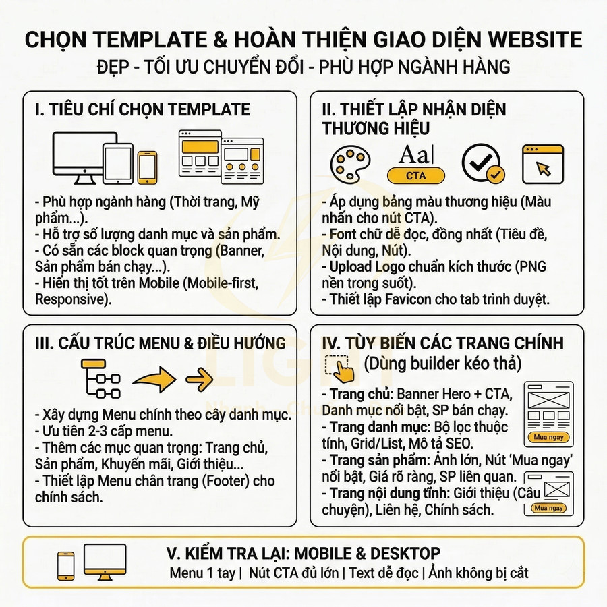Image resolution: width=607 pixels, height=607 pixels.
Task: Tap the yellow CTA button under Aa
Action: [x=416, y=176]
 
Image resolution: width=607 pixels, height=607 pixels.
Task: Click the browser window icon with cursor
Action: [x=542, y=163]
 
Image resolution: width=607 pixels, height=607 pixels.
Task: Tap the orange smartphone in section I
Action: [x=147, y=167]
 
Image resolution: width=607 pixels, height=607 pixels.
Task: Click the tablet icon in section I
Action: [x=118, y=163]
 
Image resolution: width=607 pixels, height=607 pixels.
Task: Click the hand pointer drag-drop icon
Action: [x=339, y=367]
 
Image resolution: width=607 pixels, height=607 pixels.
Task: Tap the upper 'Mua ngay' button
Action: [x=550, y=437]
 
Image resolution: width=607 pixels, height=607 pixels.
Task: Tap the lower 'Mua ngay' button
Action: [x=549, y=507]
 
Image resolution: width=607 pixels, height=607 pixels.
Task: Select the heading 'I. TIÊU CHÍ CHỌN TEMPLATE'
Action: [x=142, y=109]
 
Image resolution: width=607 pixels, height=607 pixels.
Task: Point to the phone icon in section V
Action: [x=66, y=564]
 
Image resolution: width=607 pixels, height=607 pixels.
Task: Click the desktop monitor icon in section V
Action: [x=105, y=562]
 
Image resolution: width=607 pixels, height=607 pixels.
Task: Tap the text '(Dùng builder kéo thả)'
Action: [x=442, y=364]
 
